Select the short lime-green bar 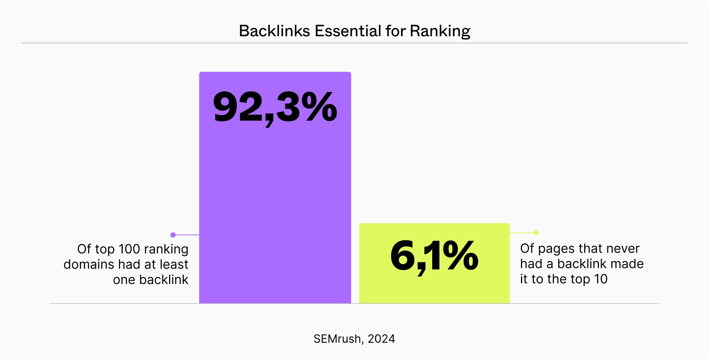[x=434, y=288]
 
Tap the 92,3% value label [x=275, y=107]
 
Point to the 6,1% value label [x=434, y=256]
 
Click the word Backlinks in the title [x=274, y=31]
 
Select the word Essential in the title [x=348, y=31]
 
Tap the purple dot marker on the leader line [x=173, y=235]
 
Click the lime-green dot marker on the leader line [x=536, y=233]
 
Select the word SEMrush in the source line [x=337, y=339]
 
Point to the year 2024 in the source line [x=381, y=339]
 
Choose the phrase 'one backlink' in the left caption [x=150, y=280]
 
